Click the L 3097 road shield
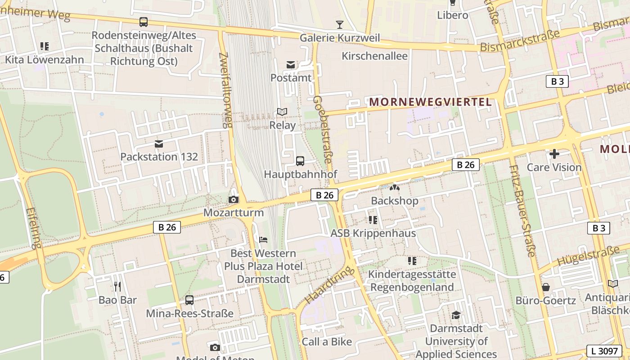(604, 351)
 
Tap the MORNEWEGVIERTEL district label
(431, 102)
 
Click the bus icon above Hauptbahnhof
(300, 161)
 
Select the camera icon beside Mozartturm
(234, 199)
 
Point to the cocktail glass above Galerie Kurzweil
(340, 24)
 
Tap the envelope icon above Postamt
(291, 65)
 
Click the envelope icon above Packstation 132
(159, 144)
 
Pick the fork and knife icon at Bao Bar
(117, 286)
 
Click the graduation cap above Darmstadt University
(456, 315)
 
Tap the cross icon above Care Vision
(554, 154)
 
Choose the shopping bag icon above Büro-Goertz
(546, 287)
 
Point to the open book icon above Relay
(282, 112)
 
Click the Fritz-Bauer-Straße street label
(522, 211)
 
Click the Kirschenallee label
(375, 56)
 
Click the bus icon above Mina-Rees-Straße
(189, 300)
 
